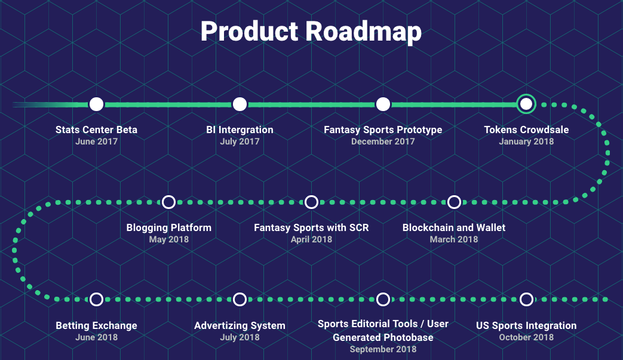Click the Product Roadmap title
click(x=311, y=32)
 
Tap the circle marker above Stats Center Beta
click(x=96, y=104)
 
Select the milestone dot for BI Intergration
click(x=240, y=104)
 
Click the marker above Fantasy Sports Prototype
click(x=383, y=104)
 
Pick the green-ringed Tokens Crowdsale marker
click(x=526, y=104)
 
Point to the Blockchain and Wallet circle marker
click(x=454, y=202)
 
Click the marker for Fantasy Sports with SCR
click(x=311, y=202)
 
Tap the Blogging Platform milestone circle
click(x=168, y=202)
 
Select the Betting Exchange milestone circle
click(x=96, y=299)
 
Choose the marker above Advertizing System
click(x=240, y=299)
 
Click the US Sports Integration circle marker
click(x=526, y=299)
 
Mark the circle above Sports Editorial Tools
click(x=383, y=299)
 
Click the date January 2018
click(x=526, y=141)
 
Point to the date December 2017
click(x=383, y=141)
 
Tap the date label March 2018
click(x=454, y=239)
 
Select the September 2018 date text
click(x=383, y=349)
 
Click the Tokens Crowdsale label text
click(x=526, y=130)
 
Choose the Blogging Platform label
click(x=168, y=227)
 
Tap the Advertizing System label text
click(x=240, y=325)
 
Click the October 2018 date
click(x=526, y=337)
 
